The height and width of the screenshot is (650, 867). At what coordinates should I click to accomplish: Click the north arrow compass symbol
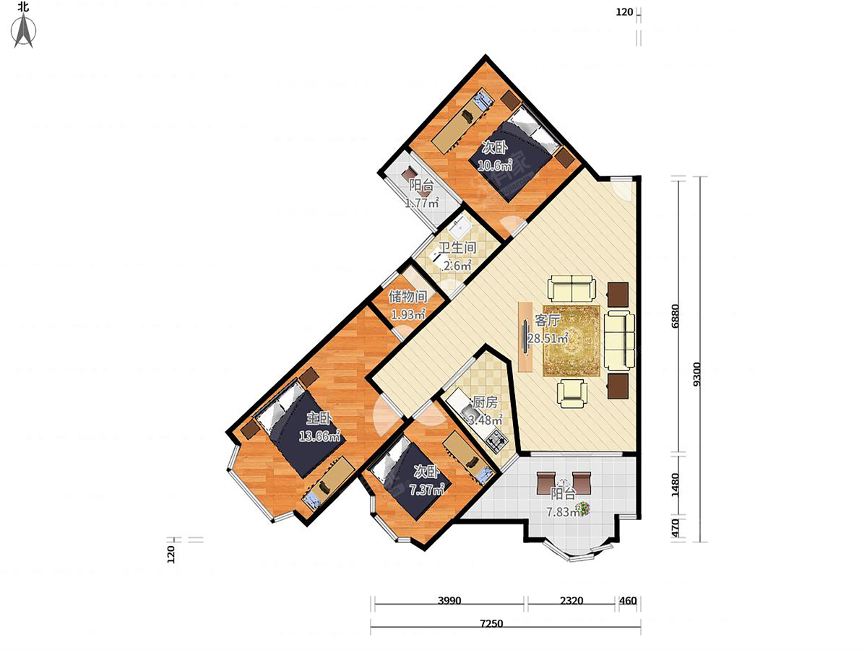24,31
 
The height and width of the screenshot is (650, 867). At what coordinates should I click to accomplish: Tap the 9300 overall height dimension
696,374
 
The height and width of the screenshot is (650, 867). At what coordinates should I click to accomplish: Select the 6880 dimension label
675,316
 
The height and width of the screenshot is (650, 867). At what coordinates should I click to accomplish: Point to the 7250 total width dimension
491,623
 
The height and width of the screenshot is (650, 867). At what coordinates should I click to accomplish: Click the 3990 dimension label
449,601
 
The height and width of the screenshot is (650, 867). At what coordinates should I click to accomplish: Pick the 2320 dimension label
571,601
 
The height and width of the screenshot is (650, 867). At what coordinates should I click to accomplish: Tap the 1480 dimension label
675,485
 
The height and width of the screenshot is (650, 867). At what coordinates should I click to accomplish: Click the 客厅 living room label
547,321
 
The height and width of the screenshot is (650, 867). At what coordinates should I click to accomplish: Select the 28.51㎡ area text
548,338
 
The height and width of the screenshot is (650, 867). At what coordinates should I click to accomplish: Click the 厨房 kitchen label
485,402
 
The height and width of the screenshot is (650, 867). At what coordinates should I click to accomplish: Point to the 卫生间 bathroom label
457,248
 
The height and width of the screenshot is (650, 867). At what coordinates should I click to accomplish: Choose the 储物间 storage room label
408,296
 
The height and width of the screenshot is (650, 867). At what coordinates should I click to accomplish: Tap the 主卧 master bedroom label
319,418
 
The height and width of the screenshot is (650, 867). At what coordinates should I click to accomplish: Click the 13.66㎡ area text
319,435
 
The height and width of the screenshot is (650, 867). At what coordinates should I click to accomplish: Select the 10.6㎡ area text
494,165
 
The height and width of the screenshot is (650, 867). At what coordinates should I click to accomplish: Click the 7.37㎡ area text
427,490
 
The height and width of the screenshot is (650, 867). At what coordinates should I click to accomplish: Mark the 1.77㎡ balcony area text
422,203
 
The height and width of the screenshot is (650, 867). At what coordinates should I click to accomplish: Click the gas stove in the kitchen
496,441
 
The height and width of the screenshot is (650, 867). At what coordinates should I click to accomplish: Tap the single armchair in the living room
571,394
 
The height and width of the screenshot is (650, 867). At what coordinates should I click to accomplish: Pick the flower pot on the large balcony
583,508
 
